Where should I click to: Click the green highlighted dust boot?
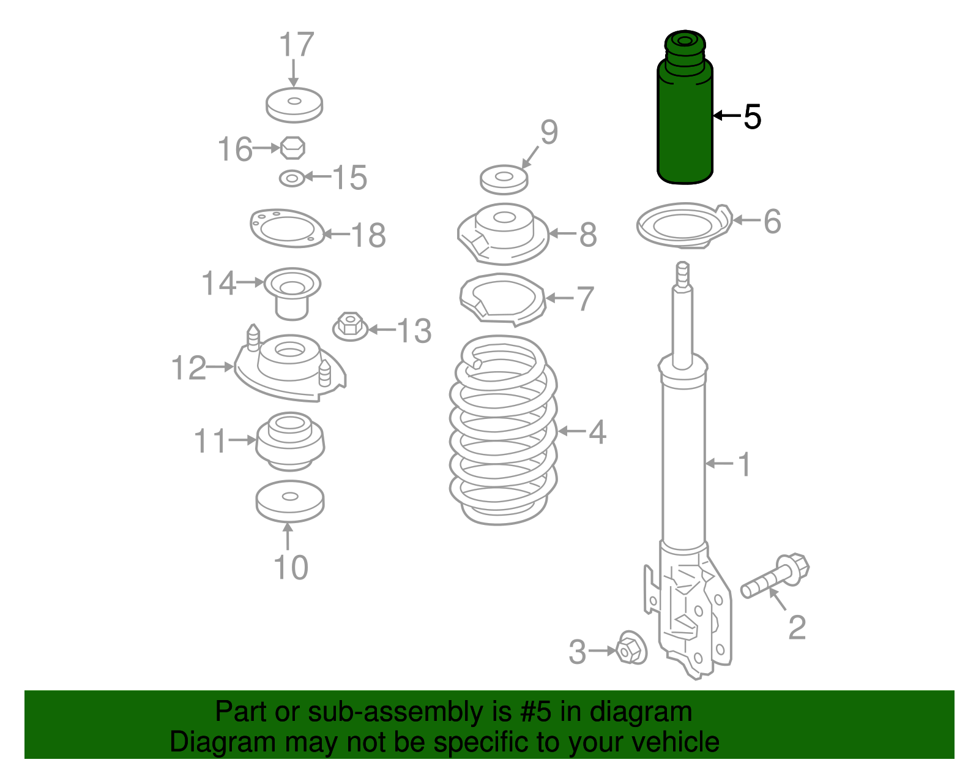coord(684,108)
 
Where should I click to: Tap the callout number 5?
coord(752,117)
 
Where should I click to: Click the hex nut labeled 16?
coord(292,148)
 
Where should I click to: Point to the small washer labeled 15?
coord(292,178)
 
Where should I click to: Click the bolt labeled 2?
coord(775,576)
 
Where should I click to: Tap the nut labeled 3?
coord(631,648)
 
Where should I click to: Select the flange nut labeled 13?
coord(351,326)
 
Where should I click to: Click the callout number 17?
coord(296,44)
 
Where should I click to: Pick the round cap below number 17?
coord(294,105)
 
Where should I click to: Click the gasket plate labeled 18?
coord(288,228)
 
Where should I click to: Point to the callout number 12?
coord(189,367)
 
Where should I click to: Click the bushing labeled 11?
coord(290,442)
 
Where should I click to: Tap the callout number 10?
coord(291,567)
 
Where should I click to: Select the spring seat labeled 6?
coord(684,225)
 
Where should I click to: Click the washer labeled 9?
coord(504,179)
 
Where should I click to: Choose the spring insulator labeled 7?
coord(502,300)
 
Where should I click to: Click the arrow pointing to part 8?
coord(563,233)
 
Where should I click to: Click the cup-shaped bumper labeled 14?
coord(292,293)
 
